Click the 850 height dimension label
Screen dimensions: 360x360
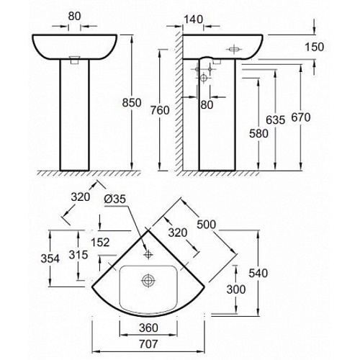pos(132,103)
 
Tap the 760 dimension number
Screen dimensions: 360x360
pos(160,110)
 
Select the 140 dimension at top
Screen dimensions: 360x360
pos(193,19)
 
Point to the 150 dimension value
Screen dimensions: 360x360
pos(315,47)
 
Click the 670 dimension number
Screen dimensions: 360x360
pos(301,117)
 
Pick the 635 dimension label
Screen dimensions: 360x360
pos(276,120)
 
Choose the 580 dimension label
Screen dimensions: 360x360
pos(258,134)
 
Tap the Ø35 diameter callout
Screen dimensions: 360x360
pos(114,199)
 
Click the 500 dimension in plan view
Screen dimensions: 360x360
pos(207,225)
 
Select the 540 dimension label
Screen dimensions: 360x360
pos(258,274)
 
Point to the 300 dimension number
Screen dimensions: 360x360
pos(236,289)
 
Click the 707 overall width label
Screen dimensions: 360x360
pos(148,344)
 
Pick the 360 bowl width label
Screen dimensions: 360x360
pos(148,328)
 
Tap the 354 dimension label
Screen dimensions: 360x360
pos(50,258)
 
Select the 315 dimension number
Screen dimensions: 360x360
pos(78,255)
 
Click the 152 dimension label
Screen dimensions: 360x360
pos(100,243)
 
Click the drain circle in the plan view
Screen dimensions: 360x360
pos(148,280)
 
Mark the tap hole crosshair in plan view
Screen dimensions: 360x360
pos(148,254)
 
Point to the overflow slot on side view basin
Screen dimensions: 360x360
pos(233,50)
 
